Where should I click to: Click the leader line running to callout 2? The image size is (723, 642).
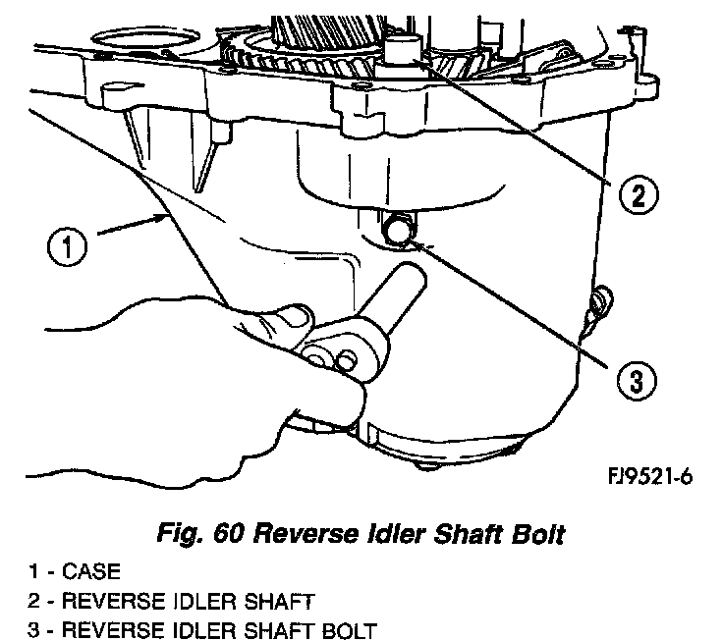(x=530, y=128)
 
